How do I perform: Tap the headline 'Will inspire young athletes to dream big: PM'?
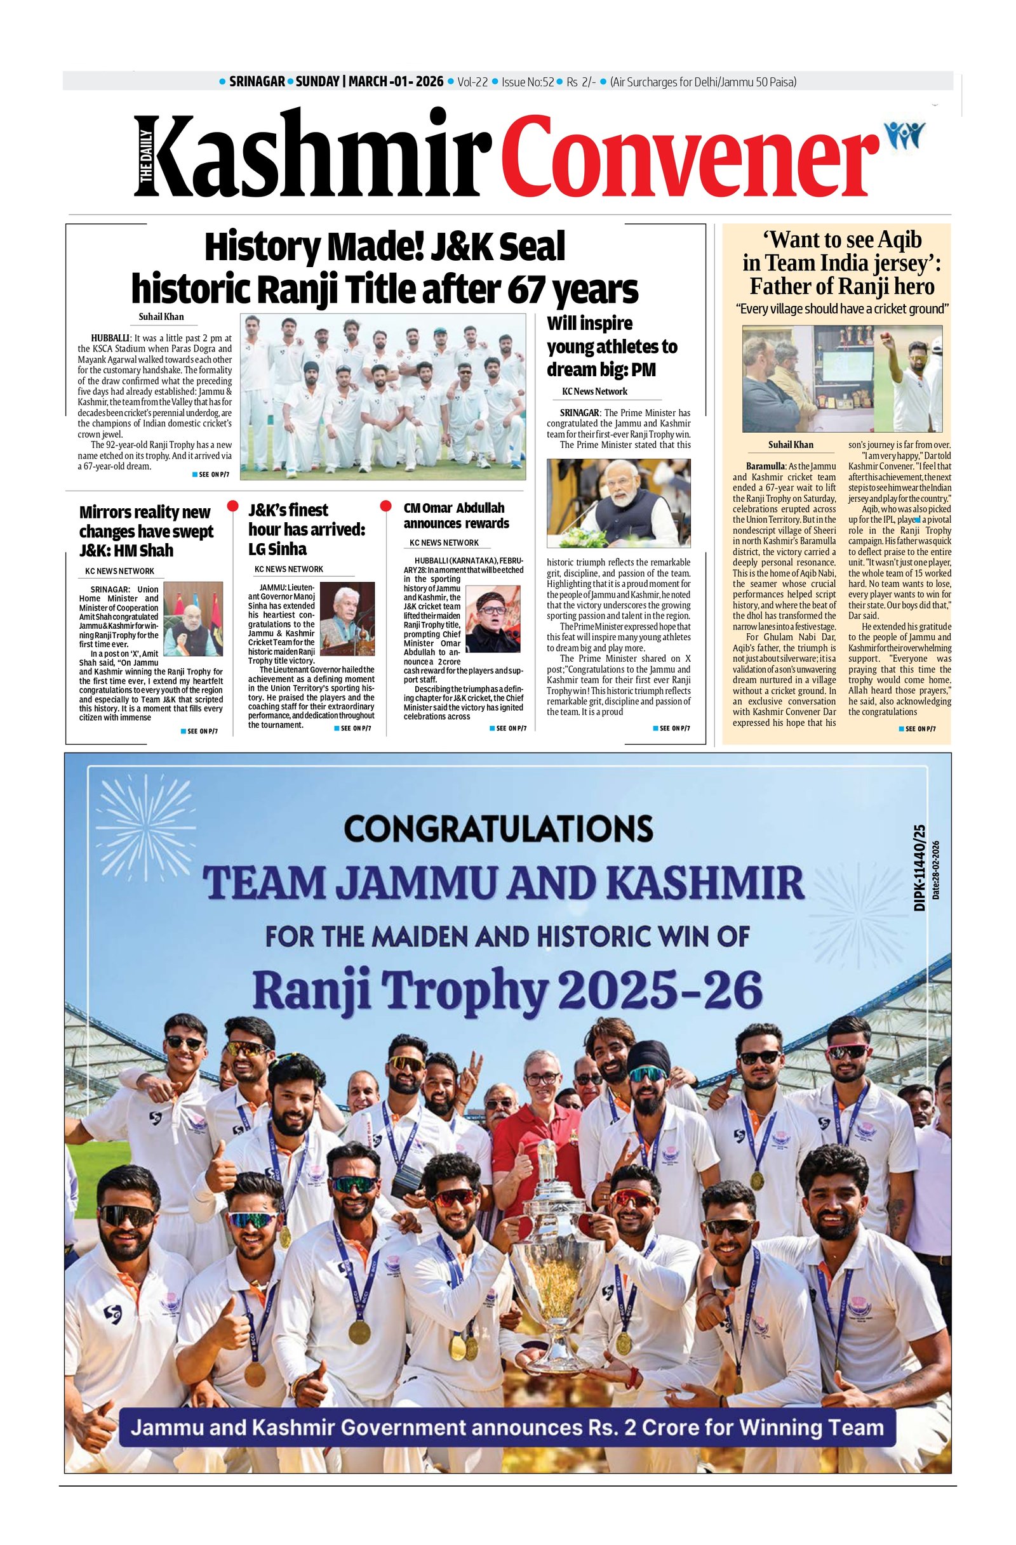(x=612, y=346)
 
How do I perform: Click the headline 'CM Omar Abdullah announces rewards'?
(x=456, y=515)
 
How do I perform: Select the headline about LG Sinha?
(x=306, y=529)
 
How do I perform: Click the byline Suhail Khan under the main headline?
(x=161, y=317)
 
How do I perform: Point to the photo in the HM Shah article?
(x=193, y=619)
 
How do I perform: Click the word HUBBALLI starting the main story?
(x=110, y=338)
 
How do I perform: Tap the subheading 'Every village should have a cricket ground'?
(x=842, y=309)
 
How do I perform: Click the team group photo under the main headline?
(x=383, y=397)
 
